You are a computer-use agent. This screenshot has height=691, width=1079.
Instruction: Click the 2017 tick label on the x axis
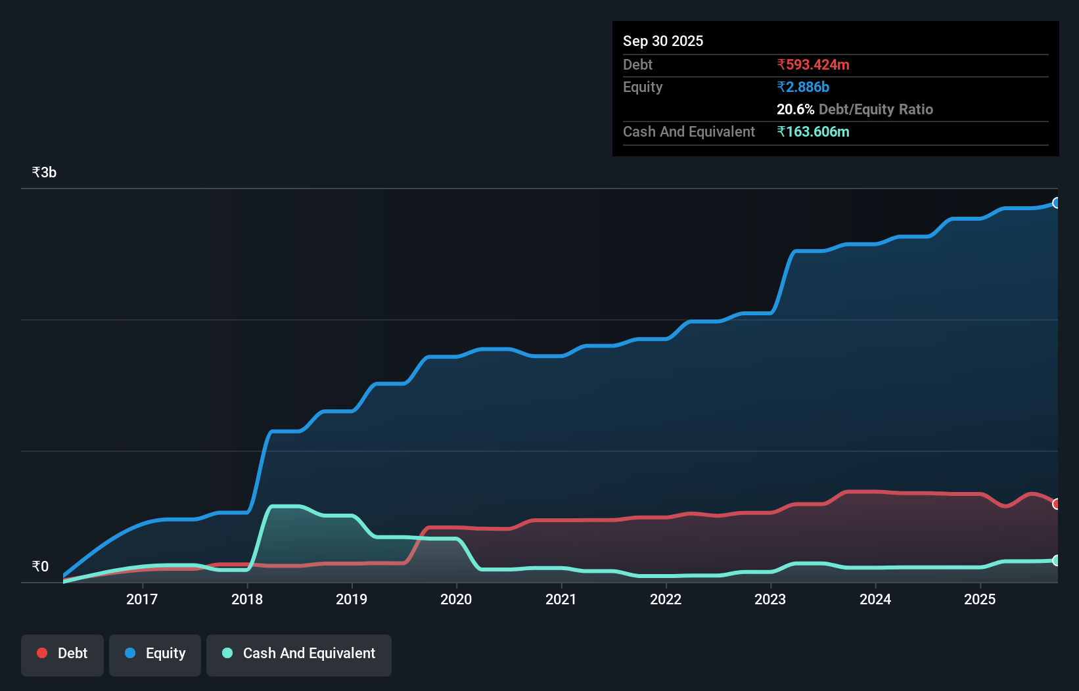141,599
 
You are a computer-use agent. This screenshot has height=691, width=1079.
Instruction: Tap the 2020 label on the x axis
456,599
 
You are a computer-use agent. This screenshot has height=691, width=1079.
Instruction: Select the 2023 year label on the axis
770,599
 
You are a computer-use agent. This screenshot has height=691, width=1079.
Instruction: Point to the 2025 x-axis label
980,599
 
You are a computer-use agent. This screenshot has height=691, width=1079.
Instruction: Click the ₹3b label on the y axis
44,172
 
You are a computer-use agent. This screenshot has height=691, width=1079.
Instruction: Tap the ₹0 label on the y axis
40,566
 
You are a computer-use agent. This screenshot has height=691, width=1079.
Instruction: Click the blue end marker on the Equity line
1056,203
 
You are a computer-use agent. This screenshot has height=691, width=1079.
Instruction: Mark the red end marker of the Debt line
1056,504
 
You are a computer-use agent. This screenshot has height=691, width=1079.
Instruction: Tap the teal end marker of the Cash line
1056,560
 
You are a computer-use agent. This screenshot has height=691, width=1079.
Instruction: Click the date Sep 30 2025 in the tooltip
662,41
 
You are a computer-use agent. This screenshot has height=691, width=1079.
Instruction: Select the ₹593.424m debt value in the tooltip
813,64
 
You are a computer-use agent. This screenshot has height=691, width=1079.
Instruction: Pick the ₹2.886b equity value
802,87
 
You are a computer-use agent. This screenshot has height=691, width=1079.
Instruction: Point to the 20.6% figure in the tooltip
795,109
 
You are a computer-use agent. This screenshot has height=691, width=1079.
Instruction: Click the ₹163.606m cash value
813,131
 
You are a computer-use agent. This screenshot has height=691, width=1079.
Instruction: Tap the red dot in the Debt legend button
42,653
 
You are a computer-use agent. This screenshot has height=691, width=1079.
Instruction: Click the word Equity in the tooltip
642,87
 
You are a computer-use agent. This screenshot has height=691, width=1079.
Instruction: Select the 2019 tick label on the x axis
351,599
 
